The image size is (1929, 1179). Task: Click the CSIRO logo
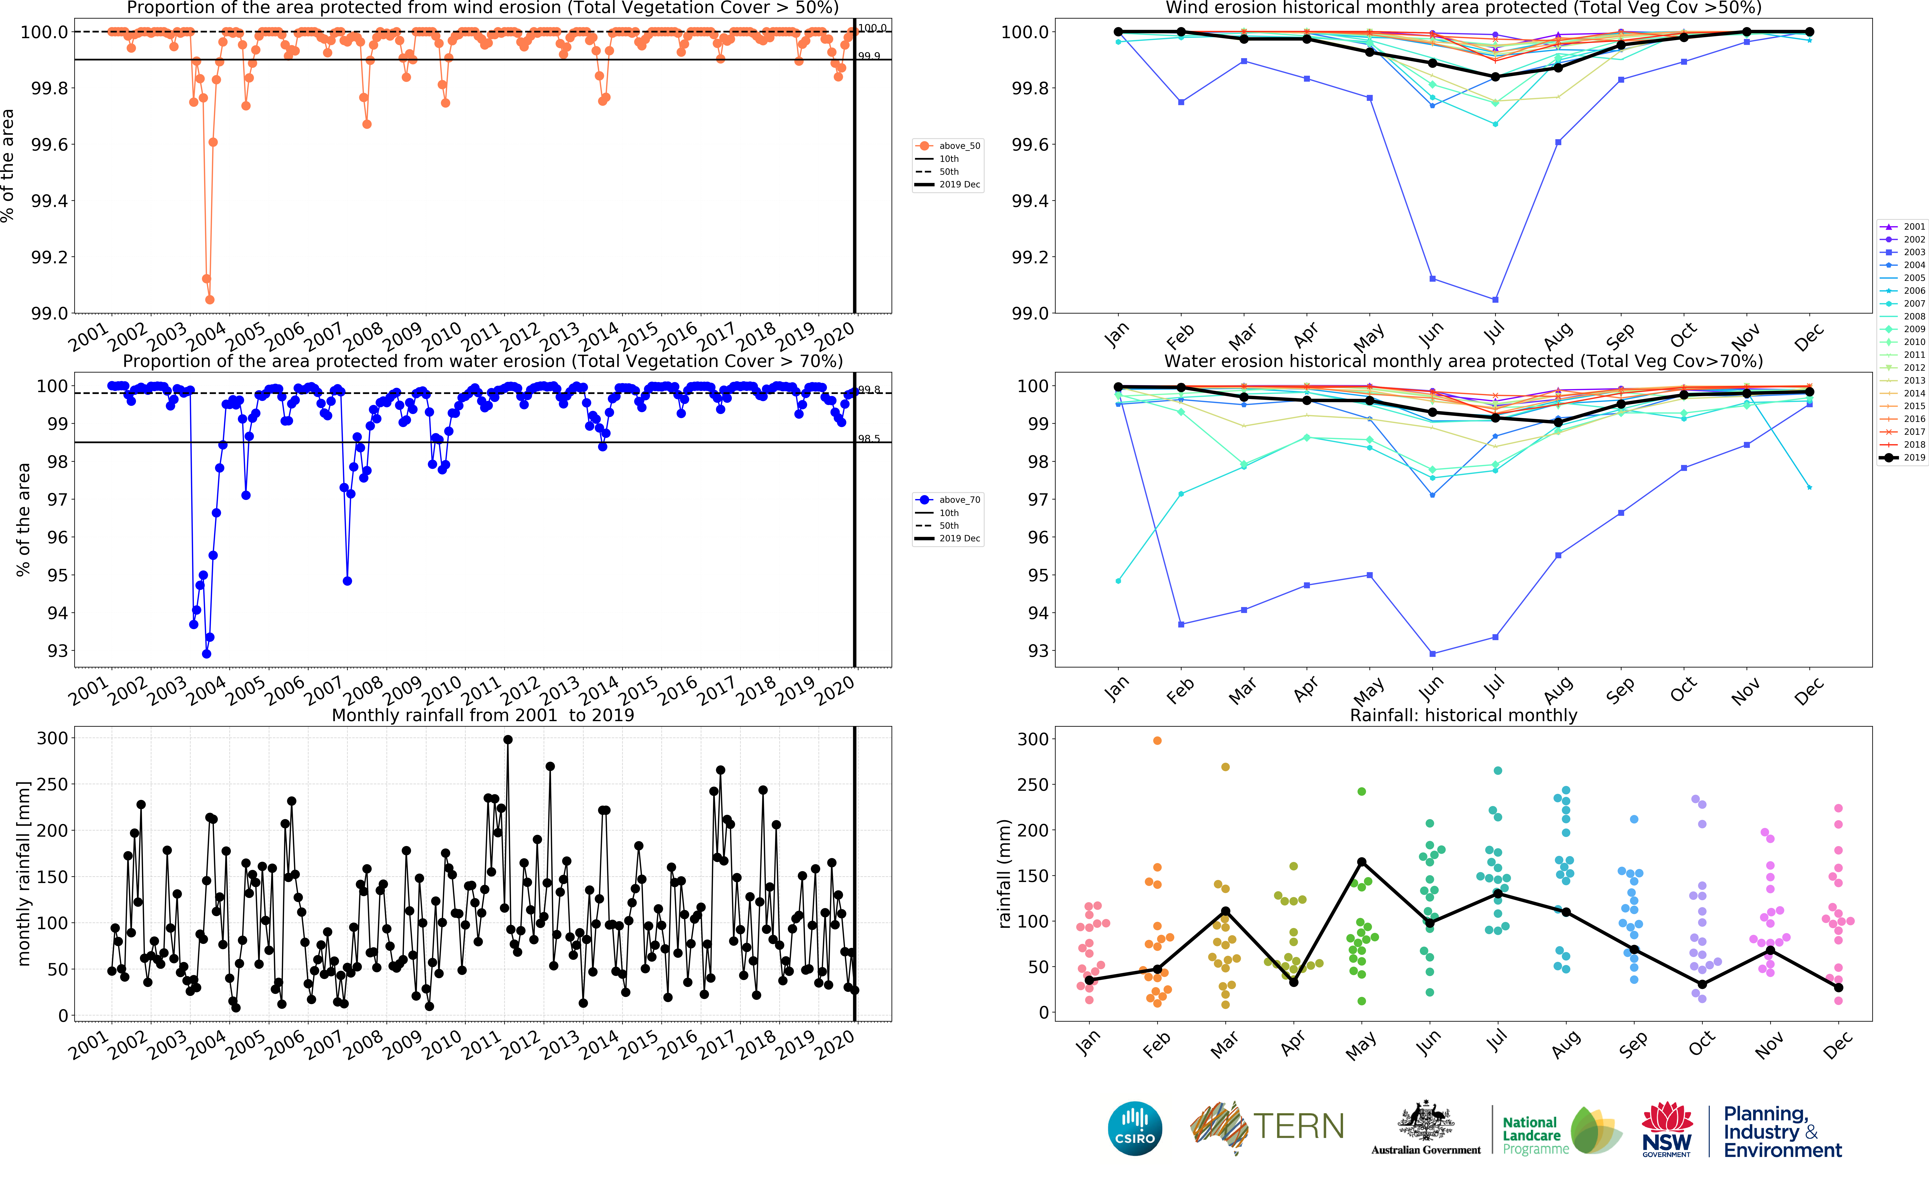point(1134,1128)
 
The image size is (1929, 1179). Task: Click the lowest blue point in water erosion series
point(207,654)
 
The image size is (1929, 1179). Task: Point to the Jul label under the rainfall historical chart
point(1495,1041)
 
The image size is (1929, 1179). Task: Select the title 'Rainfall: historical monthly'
point(1463,715)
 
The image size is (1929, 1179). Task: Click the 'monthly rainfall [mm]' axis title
point(23,873)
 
